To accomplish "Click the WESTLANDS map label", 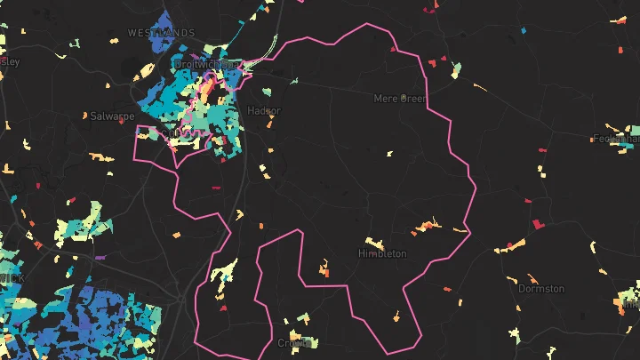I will click(161, 32).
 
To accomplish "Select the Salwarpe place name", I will click(112, 116).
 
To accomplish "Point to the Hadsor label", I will click(264, 111).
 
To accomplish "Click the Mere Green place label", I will click(400, 98).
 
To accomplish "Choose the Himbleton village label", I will click(382, 253).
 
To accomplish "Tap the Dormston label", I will click(541, 289).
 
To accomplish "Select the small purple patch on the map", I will click(100, 258).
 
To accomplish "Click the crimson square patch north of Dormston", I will click(538, 224).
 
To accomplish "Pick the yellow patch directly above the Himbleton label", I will click(372, 241).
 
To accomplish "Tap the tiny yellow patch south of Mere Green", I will click(389, 154).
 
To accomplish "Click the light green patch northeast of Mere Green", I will click(456, 69).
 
